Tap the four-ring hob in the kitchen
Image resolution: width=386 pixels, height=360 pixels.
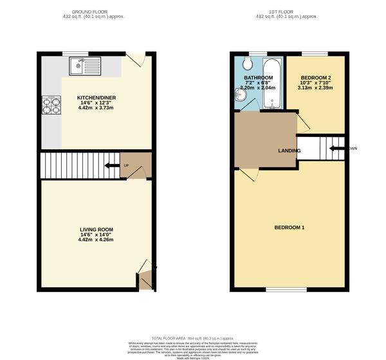[x=50, y=105]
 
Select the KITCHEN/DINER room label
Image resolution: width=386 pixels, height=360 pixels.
[x=98, y=98]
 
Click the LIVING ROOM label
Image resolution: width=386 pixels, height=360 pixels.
[x=96, y=230]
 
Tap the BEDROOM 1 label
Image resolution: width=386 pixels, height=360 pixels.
[x=289, y=228]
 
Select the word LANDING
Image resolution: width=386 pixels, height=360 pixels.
[x=289, y=151]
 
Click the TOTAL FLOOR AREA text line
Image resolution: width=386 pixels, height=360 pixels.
[x=192, y=338]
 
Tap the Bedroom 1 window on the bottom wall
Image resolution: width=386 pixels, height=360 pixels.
[x=277, y=289]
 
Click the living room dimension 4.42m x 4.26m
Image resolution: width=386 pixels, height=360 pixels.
[x=96, y=240]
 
